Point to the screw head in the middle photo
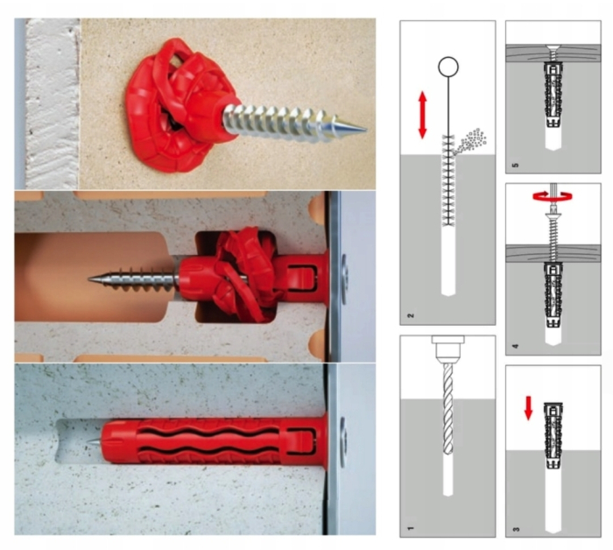(344, 279)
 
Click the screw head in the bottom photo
(343, 441)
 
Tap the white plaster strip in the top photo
(52, 103)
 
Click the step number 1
(410, 528)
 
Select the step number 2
(410, 315)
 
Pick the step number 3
(516, 529)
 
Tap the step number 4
(516, 346)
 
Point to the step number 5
(516, 165)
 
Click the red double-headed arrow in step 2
(422, 115)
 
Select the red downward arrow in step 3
(528, 408)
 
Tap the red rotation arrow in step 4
(553, 196)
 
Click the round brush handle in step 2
(448, 67)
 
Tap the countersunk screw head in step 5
(553, 50)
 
